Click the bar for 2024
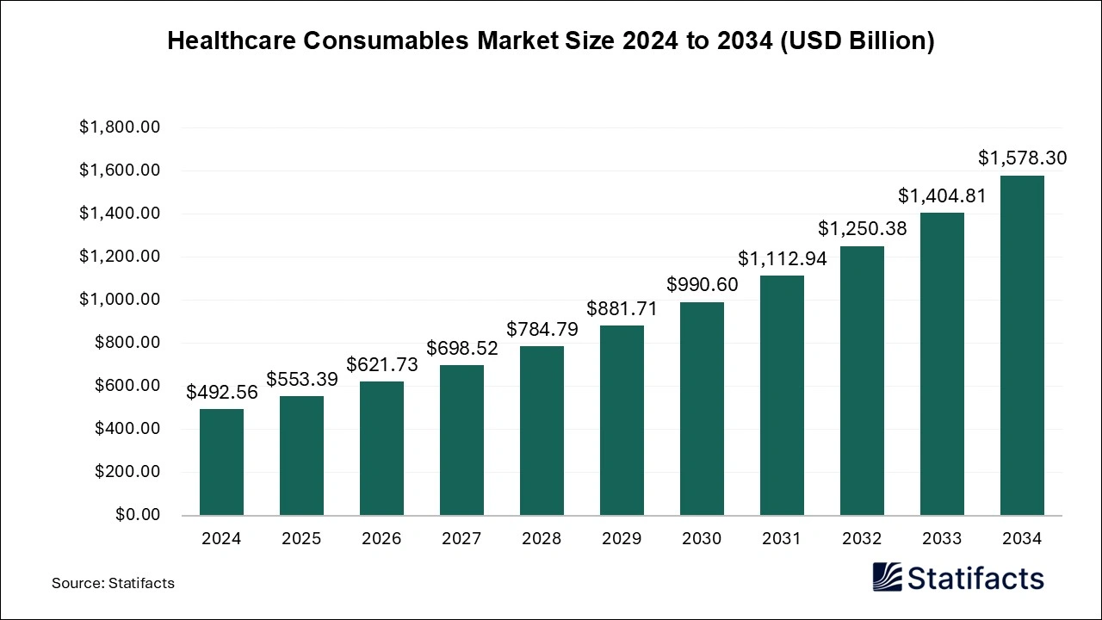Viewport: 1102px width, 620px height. click(x=221, y=462)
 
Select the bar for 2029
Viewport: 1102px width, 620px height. click(x=622, y=420)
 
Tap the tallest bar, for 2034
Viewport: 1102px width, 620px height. click(x=1022, y=345)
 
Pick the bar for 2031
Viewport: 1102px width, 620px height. click(x=782, y=395)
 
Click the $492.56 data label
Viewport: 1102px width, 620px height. click(x=222, y=393)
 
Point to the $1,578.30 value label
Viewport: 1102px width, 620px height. click(x=1022, y=158)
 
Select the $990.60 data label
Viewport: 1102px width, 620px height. click(x=702, y=285)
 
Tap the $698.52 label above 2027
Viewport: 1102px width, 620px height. click(x=462, y=349)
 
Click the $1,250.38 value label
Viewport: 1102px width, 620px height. click(x=862, y=229)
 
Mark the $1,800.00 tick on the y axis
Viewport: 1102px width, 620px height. click(x=120, y=127)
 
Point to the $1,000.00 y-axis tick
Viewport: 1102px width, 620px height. click(x=120, y=300)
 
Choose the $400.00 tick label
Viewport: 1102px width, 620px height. click(x=127, y=429)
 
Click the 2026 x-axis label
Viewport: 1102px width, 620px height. click(x=381, y=539)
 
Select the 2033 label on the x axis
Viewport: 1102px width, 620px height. click(x=942, y=539)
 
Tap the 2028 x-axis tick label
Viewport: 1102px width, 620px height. click(x=542, y=539)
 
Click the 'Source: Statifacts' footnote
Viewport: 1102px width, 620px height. click(x=113, y=583)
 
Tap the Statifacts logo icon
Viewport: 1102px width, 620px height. click(x=887, y=577)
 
